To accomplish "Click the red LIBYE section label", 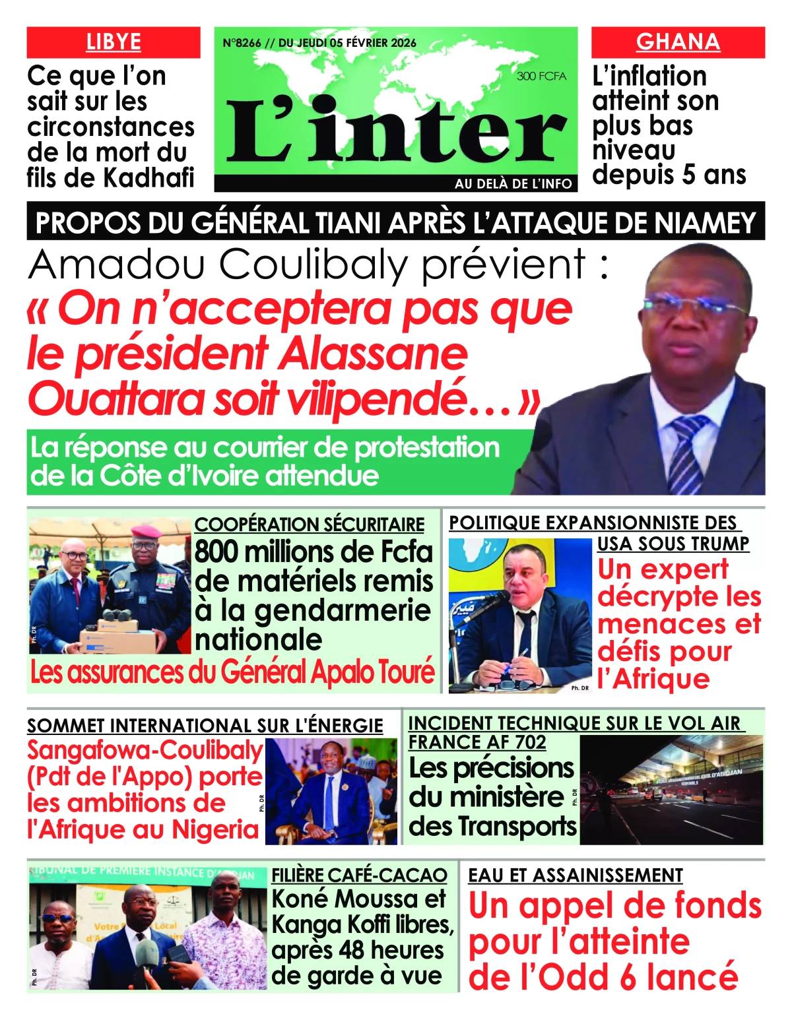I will click(x=114, y=42).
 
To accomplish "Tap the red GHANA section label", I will click(x=678, y=42).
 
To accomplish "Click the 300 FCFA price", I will click(x=541, y=76).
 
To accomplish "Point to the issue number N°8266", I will click(x=242, y=43).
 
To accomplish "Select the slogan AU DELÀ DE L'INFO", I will click(x=513, y=184).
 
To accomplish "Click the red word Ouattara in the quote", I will click(x=115, y=400).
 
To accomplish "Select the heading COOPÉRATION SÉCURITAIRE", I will click(x=309, y=525).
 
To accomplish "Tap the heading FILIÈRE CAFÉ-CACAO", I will click(x=359, y=876).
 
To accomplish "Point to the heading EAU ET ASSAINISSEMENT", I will click(x=575, y=876).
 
